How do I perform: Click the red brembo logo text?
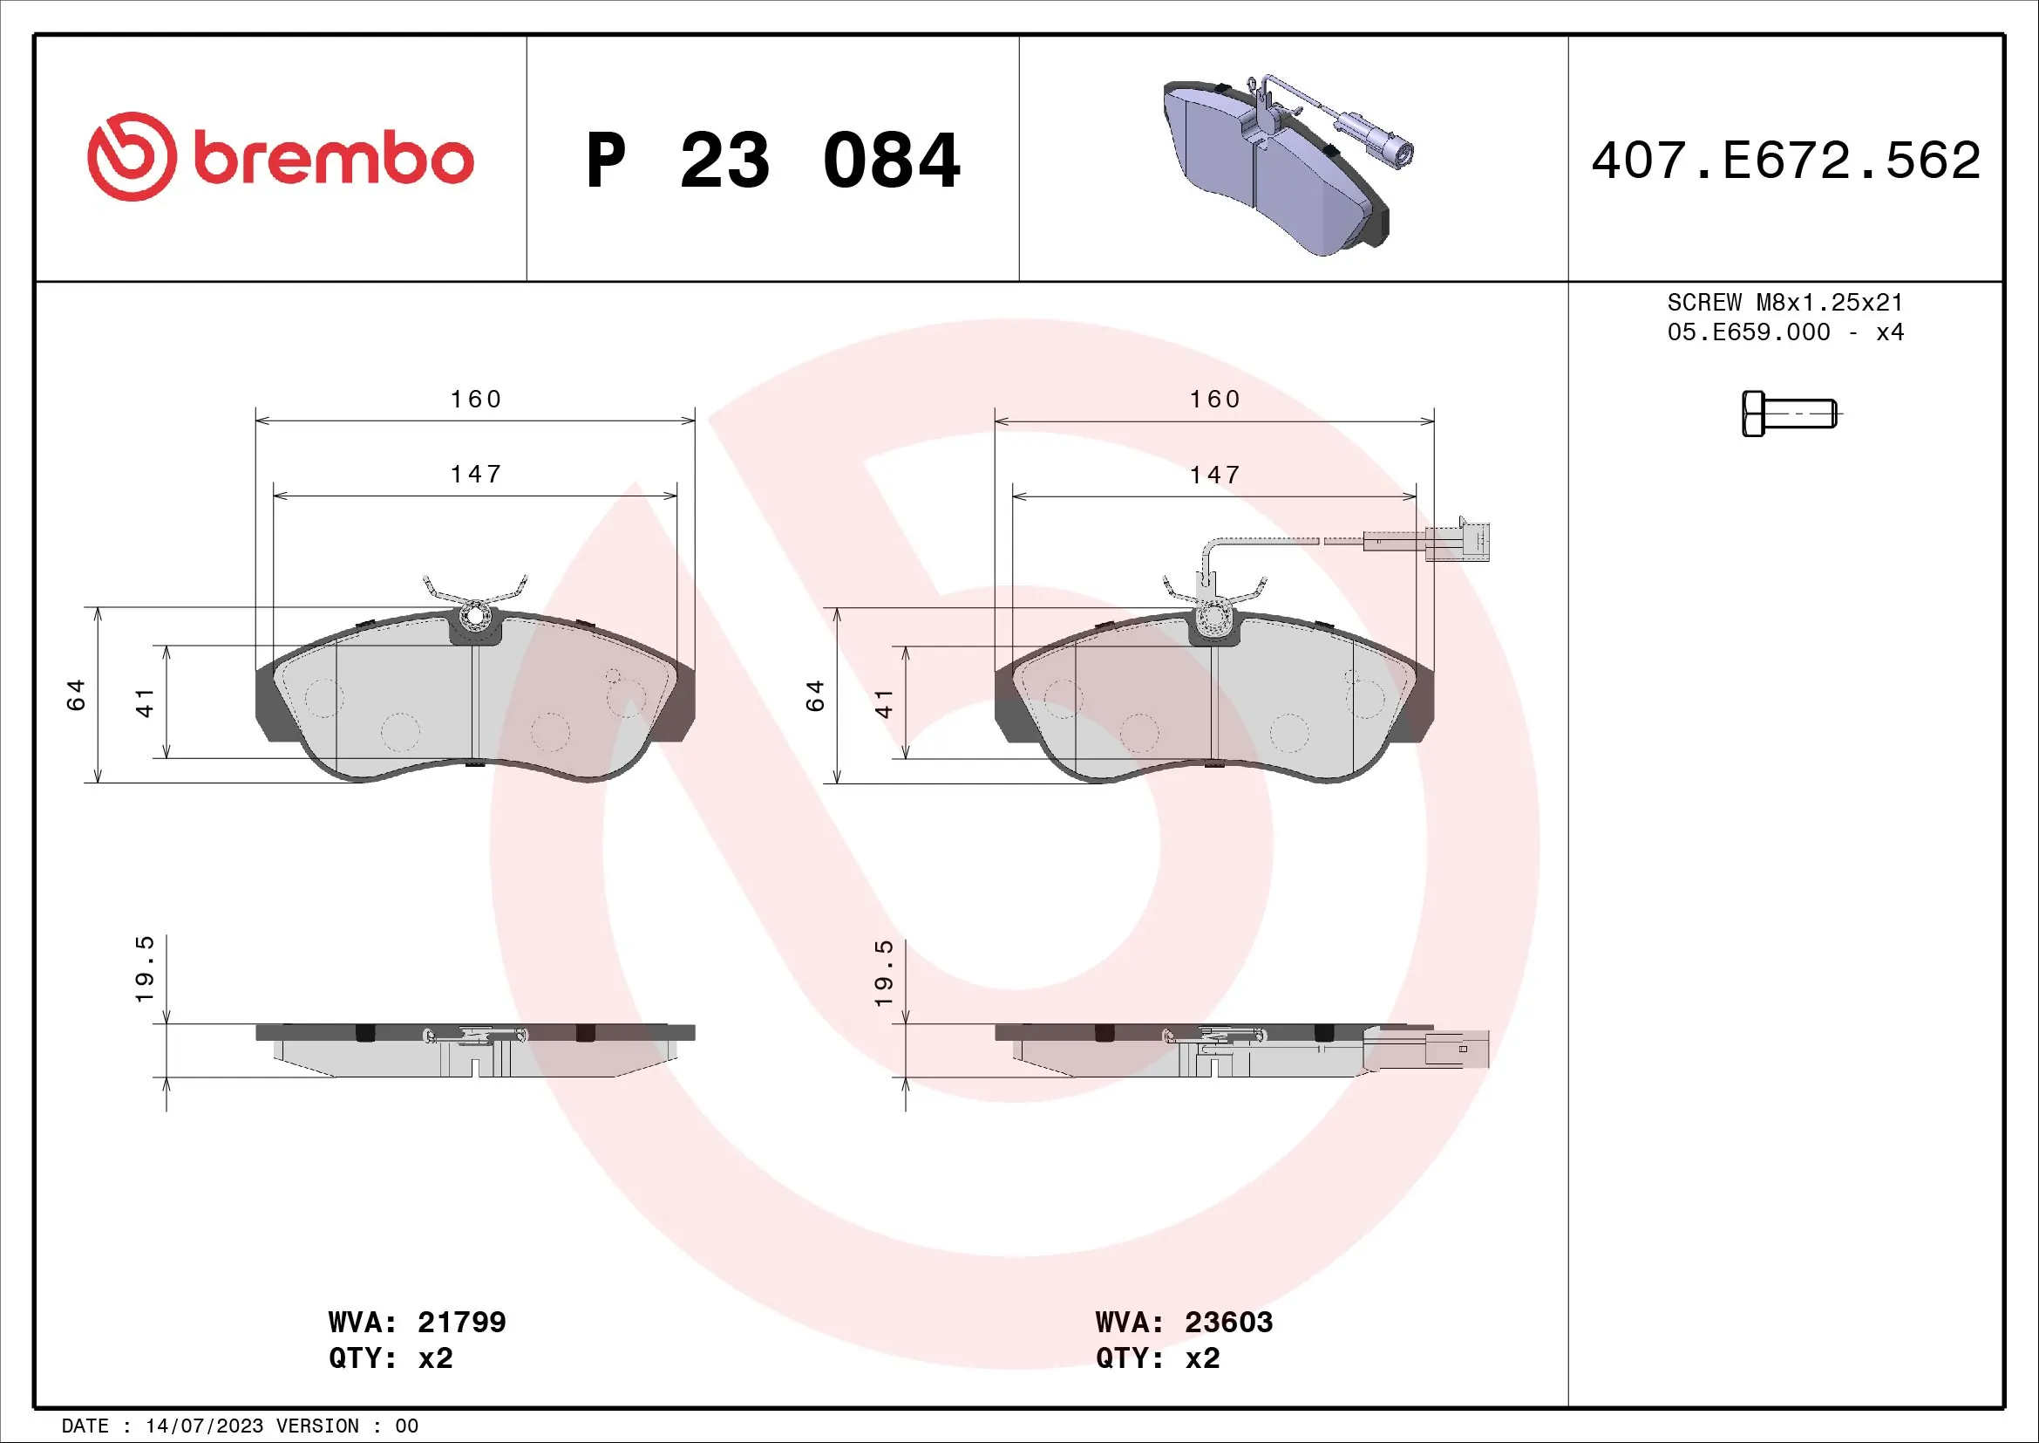(x=333, y=160)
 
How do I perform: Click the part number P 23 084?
(x=772, y=161)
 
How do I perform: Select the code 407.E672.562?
(x=1785, y=161)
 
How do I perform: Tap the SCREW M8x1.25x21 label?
(x=1785, y=302)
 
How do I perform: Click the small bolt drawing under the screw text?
(x=1788, y=414)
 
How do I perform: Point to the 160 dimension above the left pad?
(x=476, y=399)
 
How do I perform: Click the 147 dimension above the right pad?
(x=1215, y=475)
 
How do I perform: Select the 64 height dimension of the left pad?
(x=77, y=694)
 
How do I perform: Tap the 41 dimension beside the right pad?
(x=884, y=703)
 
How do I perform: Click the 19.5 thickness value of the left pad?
(x=145, y=968)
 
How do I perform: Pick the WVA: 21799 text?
(x=417, y=1322)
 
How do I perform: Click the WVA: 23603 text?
(x=1184, y=1322)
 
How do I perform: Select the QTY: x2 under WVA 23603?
(x=1157, y=1358)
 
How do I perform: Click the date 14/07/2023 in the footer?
(x=204, y=1426)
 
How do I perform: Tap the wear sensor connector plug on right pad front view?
(x=1457, y=541)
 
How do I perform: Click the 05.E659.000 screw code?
(x=1748, y=332)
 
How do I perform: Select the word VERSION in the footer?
(x=319, y=1426)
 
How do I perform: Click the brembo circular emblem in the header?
(x=132, y=156)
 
